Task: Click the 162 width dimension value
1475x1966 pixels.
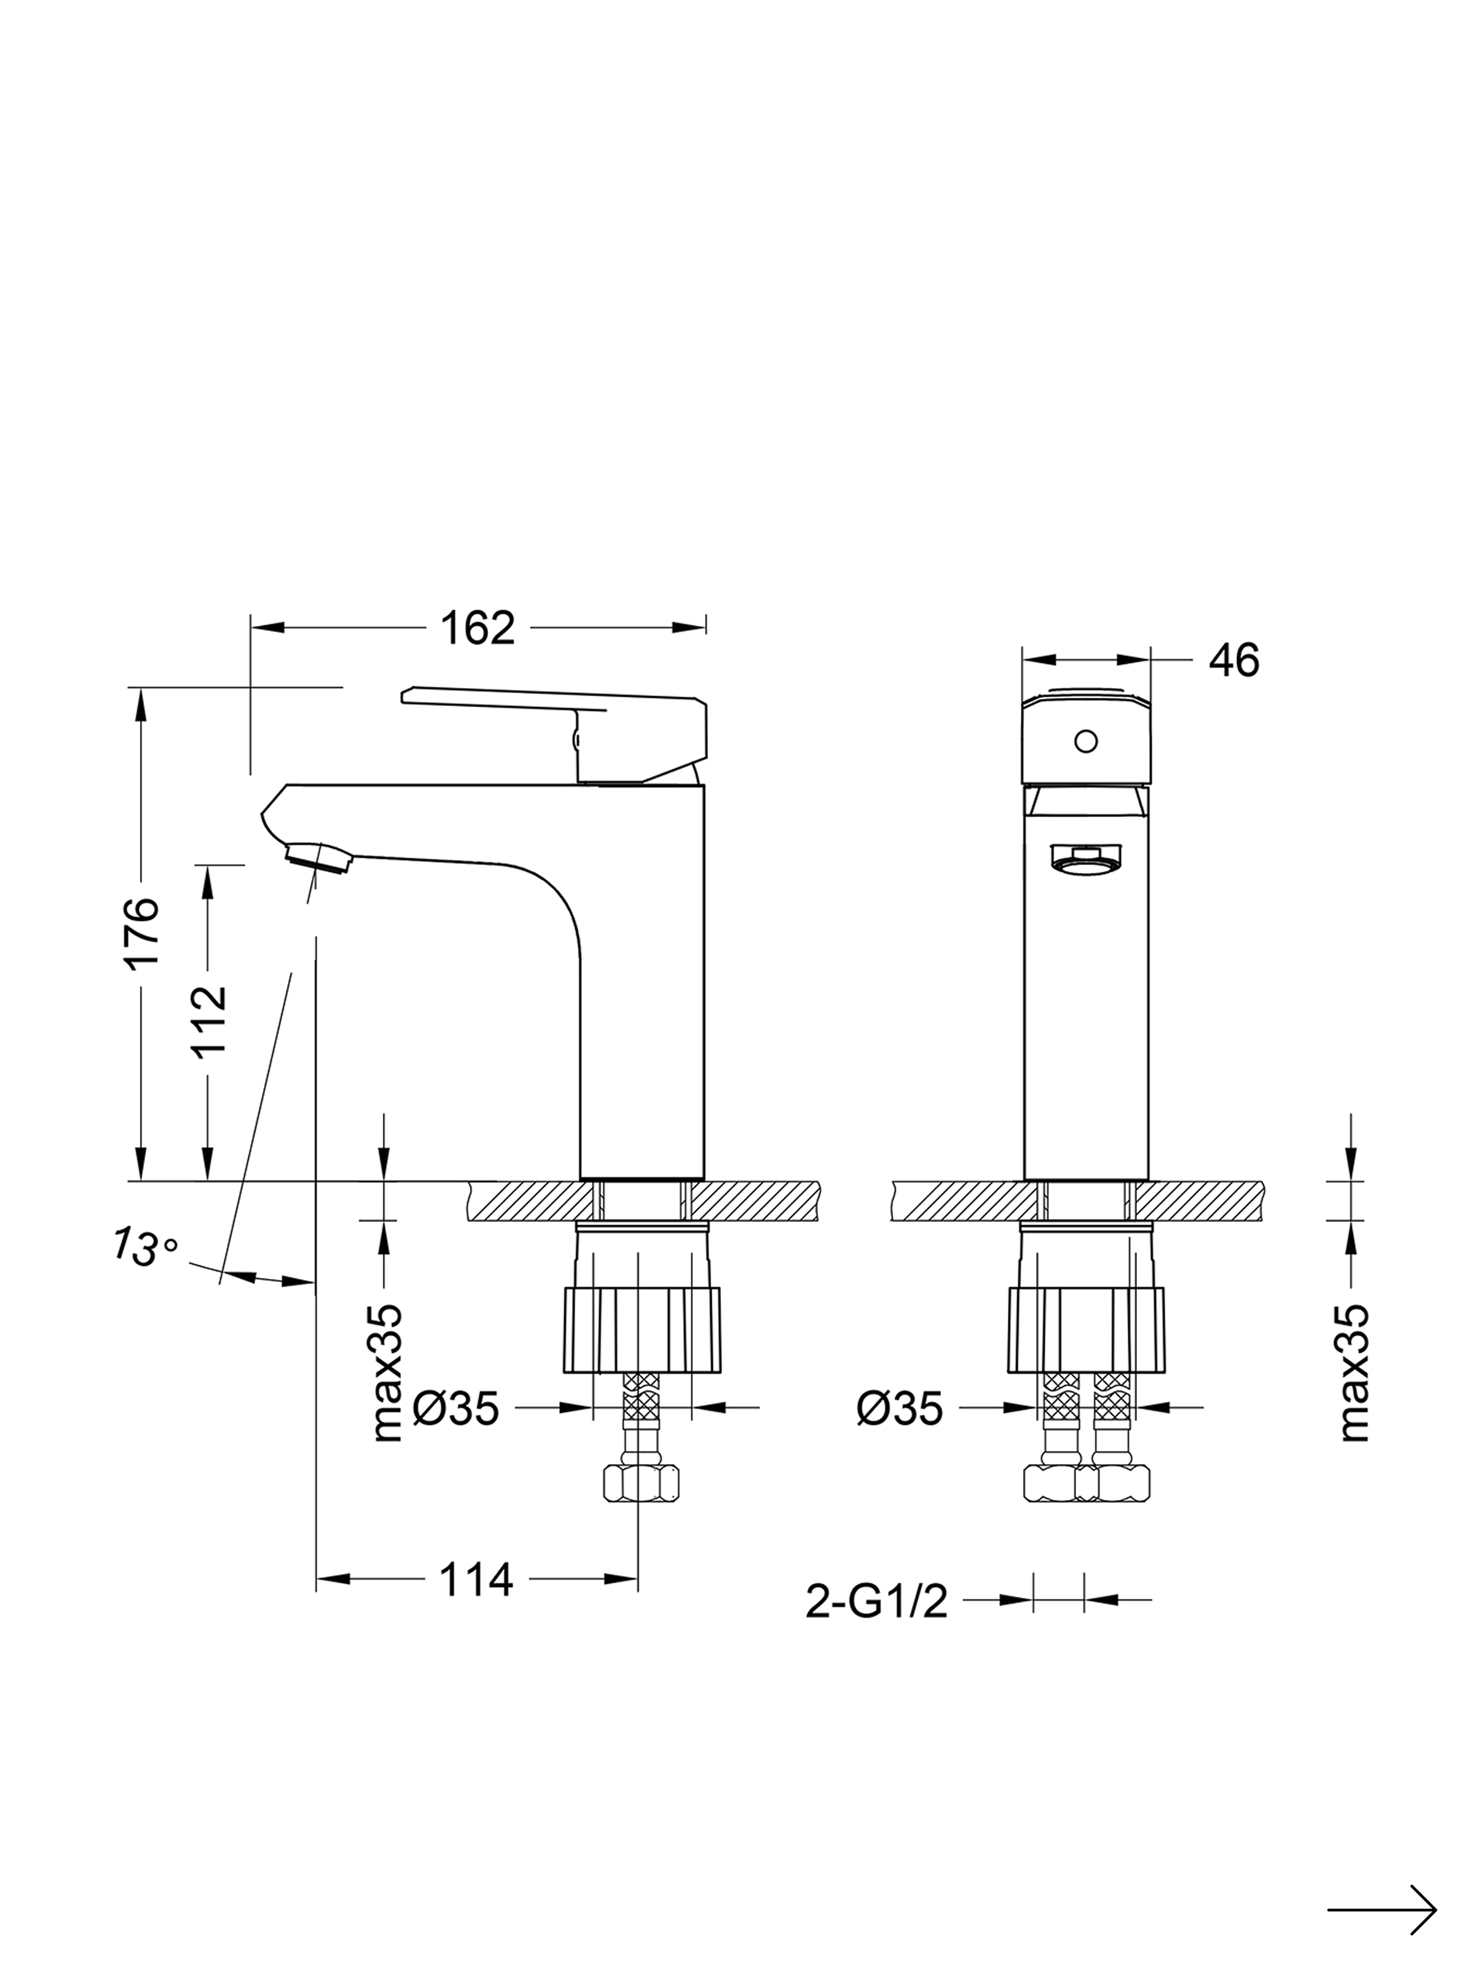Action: pos(478,629)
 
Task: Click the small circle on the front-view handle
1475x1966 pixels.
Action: pos(1085,740)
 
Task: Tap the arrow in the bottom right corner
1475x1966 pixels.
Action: pos(1383,1882)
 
